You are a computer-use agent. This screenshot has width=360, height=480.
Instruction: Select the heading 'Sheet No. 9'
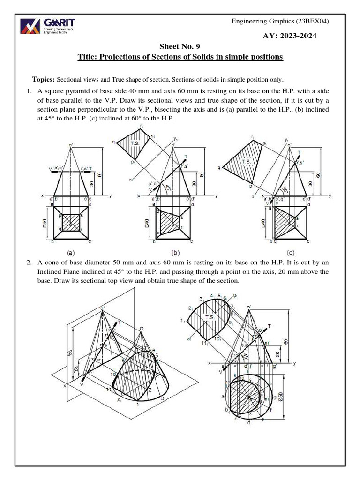[180, 47]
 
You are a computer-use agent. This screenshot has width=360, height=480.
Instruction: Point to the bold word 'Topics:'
[44, 79]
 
